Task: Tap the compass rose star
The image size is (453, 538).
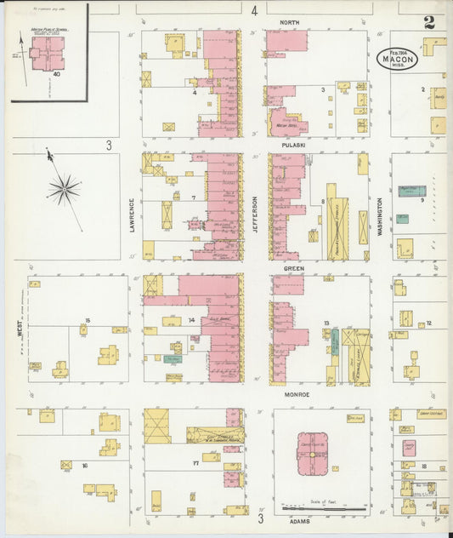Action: [x=65, y=187]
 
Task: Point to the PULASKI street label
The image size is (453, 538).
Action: [x=295, y=145]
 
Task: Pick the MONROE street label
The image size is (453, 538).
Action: [x=296, y=395]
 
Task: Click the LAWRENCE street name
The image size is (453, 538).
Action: [x=133, y=215]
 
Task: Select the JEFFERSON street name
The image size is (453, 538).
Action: [x=254, y=215]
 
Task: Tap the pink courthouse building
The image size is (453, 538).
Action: [x=312, y=455]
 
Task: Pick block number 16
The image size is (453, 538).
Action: [x=85, y=466]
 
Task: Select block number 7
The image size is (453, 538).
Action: [x=195, y=197]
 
